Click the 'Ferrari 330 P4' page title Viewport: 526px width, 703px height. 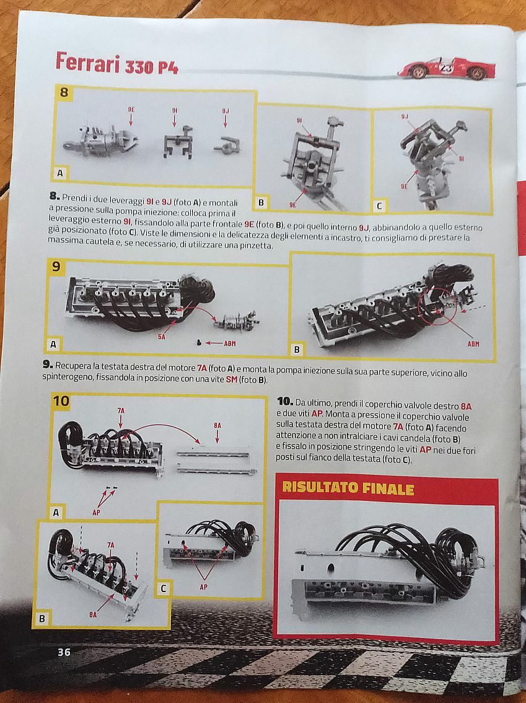coord(117,63)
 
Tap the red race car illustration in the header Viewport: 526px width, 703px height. coord(446,68)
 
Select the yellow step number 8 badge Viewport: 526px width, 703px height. coord(64,92)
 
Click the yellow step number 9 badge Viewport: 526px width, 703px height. coord(56,267)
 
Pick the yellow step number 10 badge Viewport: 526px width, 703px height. coord(61,400)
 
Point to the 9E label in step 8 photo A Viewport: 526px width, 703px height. coord(131,109)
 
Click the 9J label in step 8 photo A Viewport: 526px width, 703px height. coord(226,110)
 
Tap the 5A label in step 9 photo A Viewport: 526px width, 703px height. coord(161,336)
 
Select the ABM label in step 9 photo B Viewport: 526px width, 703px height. coord(473,344)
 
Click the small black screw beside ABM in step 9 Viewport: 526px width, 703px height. coord(198,343)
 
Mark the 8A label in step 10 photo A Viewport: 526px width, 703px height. coord(217,425)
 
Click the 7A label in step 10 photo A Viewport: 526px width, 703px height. coord(121,410)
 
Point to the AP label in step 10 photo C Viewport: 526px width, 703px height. coord(203,587)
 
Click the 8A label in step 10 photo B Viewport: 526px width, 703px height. coord(93,615)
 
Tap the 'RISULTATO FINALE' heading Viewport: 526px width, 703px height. coord(348,489)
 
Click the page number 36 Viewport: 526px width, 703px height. coord(64,652)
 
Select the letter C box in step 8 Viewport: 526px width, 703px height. coord(379,206)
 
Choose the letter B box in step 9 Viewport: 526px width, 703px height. coord(296,349)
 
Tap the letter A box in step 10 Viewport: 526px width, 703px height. coord(56,512)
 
